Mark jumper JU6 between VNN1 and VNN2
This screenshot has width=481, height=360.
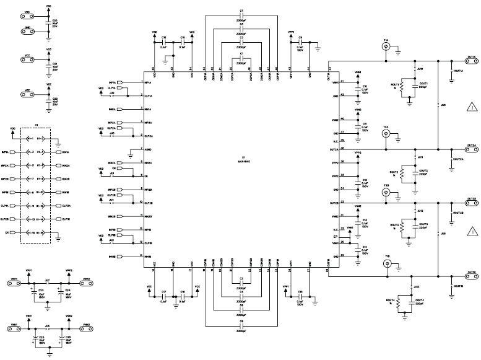(x=48, y=325)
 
